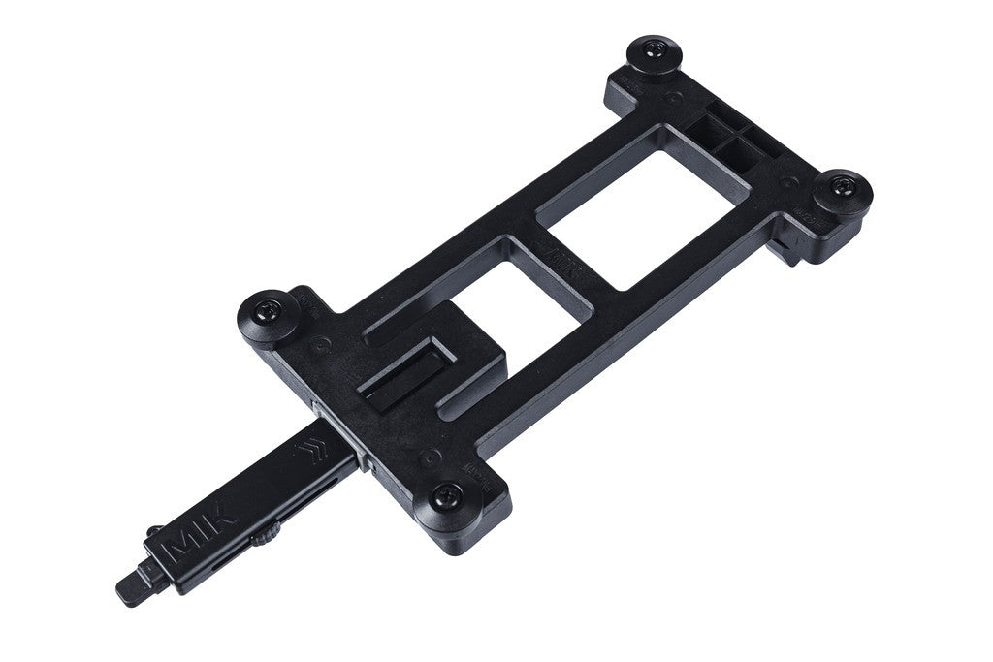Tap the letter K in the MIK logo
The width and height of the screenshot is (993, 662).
pos(222,520)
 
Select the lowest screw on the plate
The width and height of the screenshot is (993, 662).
pos(445,498)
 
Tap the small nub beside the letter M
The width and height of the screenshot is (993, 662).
pos(154,531)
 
